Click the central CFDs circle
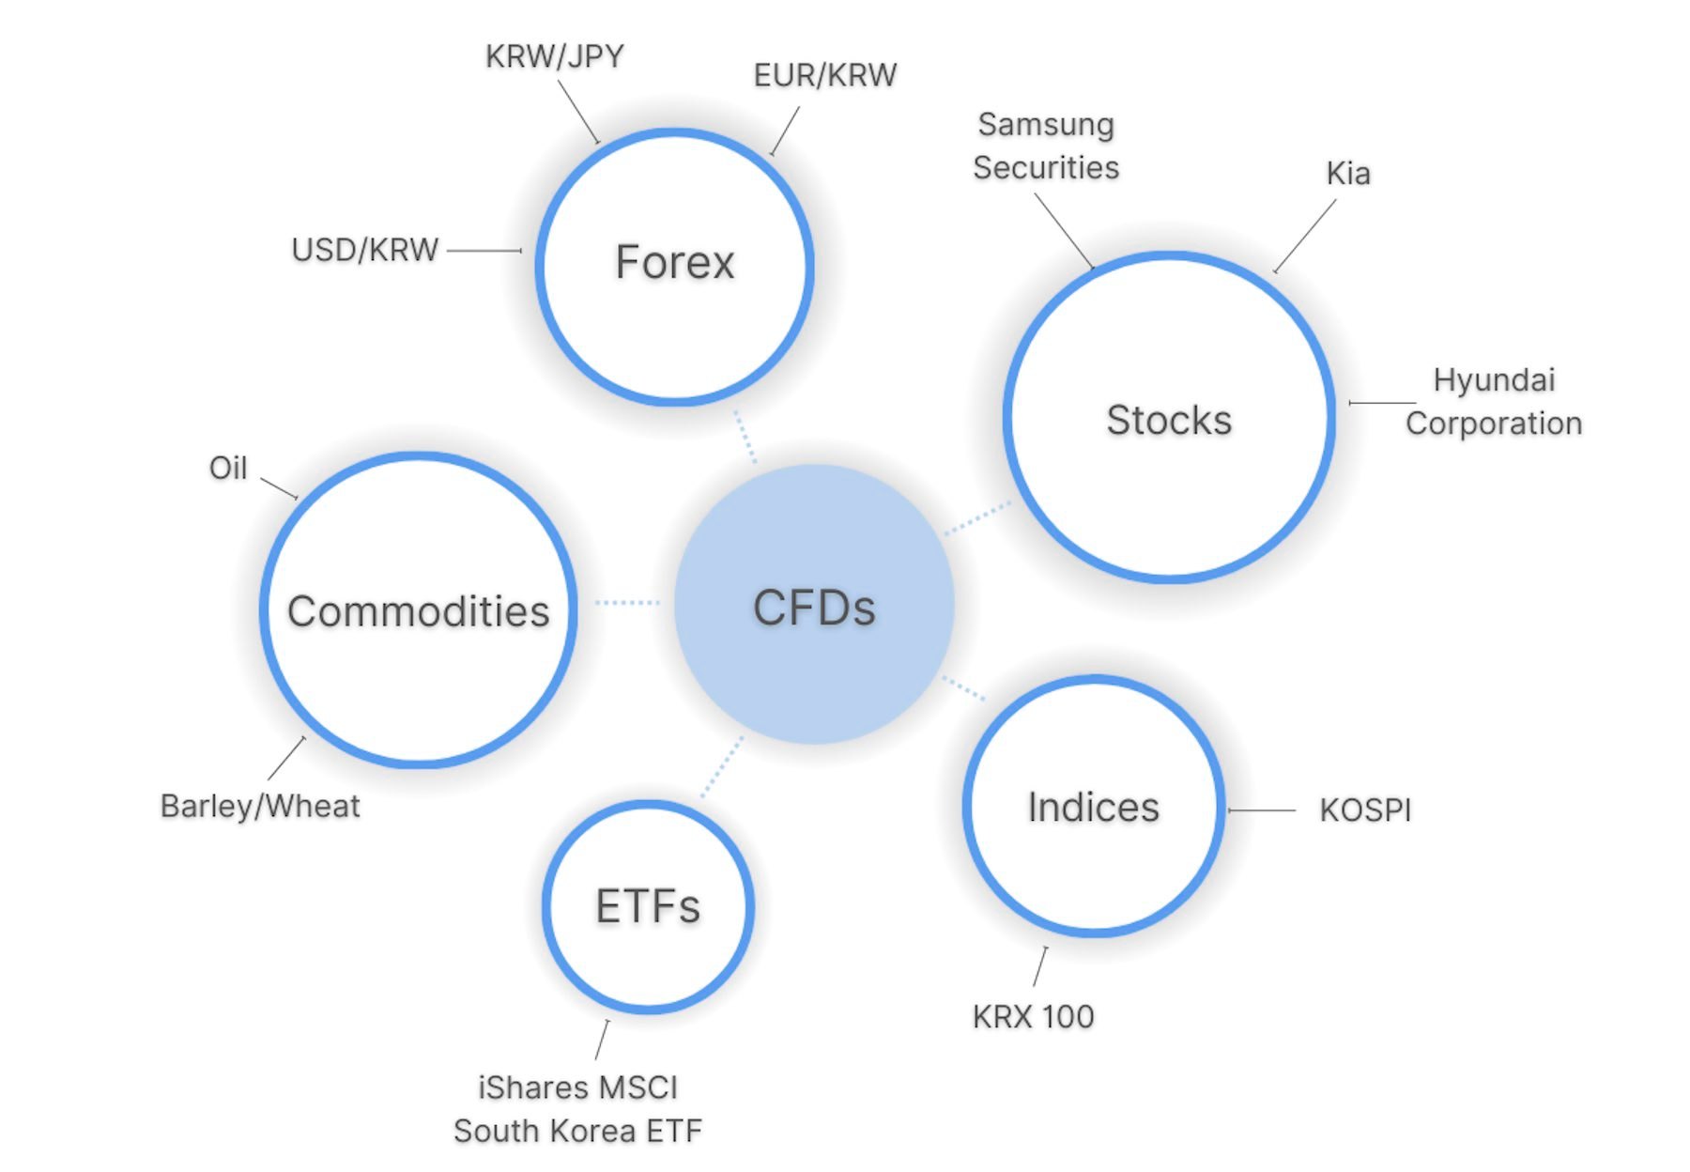(814, 606)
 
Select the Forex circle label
(674, 262)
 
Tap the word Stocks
(1169, 420)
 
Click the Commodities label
(419, 611)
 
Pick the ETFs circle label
(648, 906)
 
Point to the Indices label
(1094, 808)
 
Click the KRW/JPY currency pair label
(554, 56)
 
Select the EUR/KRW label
(825, 75)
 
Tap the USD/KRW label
(365, 250)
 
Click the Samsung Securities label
(1046, 146)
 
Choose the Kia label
(1348, 174)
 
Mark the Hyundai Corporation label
(1494, 402)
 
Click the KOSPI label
(1365, 810)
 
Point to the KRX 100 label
(1033, 1016)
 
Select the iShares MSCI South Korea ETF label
(577, 1109)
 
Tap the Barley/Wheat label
(260, 806)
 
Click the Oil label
(228, 468)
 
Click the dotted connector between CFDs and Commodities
(627, 602)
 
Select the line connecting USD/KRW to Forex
(484, 251)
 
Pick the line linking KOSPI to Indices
(1262, 810)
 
